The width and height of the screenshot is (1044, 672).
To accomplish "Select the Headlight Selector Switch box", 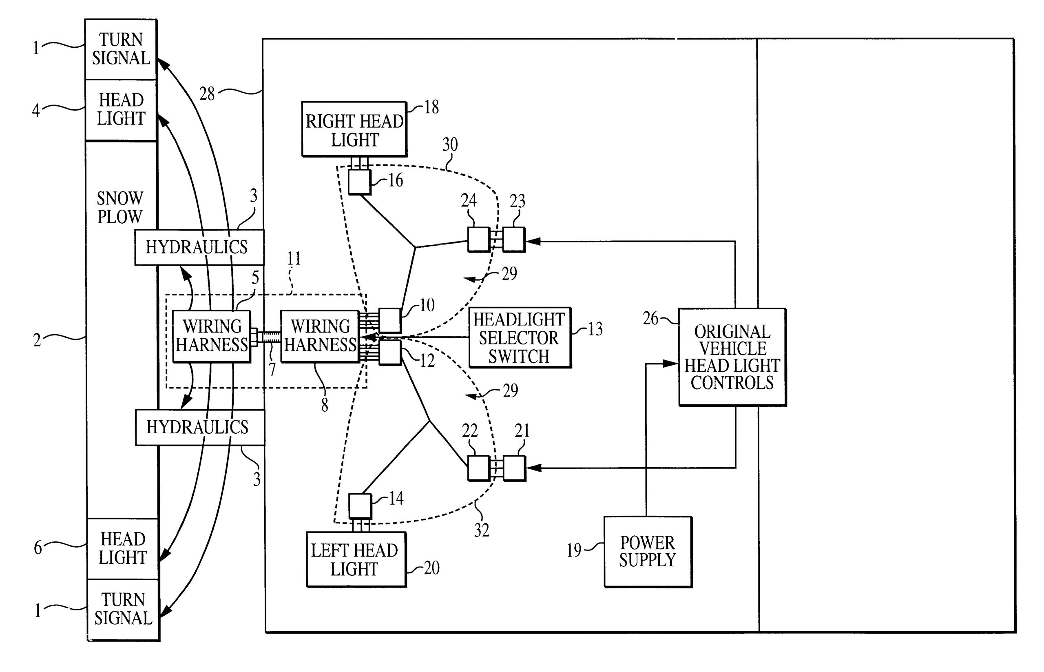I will tap(520, 338).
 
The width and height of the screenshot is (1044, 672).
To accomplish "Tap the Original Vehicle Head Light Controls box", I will tap(732, 357).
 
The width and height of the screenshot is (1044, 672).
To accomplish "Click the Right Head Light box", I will tap(354, 130).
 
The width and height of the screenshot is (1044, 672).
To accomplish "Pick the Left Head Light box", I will tap(356, 559).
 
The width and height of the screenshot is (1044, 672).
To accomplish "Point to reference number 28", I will tap(207, 94).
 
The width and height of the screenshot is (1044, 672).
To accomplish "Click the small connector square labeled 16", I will tap(359, 182).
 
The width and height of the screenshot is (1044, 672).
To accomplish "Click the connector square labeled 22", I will tap(478, 468).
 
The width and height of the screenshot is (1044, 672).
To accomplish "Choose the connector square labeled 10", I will tap(389, 320).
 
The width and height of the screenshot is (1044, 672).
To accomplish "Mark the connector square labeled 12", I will tap(389, 353).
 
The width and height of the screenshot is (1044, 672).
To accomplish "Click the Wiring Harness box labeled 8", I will tap(320, 336).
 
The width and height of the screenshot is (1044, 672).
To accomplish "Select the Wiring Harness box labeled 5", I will tap(212, 336).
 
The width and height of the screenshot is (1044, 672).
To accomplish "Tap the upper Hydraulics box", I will tap(199, 247).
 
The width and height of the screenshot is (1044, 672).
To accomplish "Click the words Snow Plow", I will tap(120, 208).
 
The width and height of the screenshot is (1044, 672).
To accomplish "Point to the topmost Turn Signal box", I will tap(121, 49).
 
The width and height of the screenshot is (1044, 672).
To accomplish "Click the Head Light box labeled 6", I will tap(122, 548).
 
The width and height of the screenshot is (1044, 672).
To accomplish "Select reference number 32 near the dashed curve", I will tap(482, 530).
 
